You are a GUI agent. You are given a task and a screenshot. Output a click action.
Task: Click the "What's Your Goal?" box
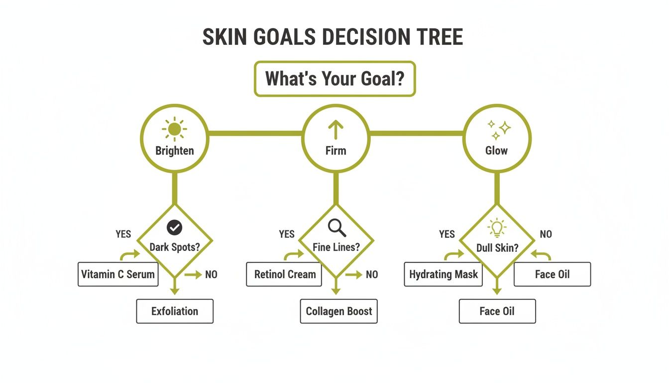334,79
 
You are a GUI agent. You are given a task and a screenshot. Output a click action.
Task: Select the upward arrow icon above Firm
336,130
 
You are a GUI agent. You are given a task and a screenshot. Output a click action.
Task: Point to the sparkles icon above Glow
498,129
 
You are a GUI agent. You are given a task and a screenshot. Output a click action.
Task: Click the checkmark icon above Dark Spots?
174,227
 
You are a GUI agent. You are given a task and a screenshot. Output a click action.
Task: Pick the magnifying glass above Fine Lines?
337,227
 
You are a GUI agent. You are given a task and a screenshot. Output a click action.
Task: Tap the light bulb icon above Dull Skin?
497,228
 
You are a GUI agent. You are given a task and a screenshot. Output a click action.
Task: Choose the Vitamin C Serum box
118,274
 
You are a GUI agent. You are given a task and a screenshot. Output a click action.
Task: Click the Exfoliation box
175,311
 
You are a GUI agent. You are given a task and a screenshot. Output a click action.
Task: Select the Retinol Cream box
284,274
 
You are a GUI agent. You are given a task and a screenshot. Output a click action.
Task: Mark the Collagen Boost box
338,311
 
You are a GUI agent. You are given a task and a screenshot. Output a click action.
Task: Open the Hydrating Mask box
443,274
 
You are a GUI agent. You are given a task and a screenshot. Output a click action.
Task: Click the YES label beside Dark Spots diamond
123,234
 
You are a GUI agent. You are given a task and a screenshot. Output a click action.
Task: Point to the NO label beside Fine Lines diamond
372,274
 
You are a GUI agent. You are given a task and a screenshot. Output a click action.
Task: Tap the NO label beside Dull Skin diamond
546,234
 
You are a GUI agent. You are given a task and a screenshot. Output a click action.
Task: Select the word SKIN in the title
226,38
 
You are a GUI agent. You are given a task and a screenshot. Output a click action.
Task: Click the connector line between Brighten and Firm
255,134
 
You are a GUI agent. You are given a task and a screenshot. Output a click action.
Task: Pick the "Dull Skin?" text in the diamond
497,247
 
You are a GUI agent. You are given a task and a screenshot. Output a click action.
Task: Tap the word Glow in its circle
497,151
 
